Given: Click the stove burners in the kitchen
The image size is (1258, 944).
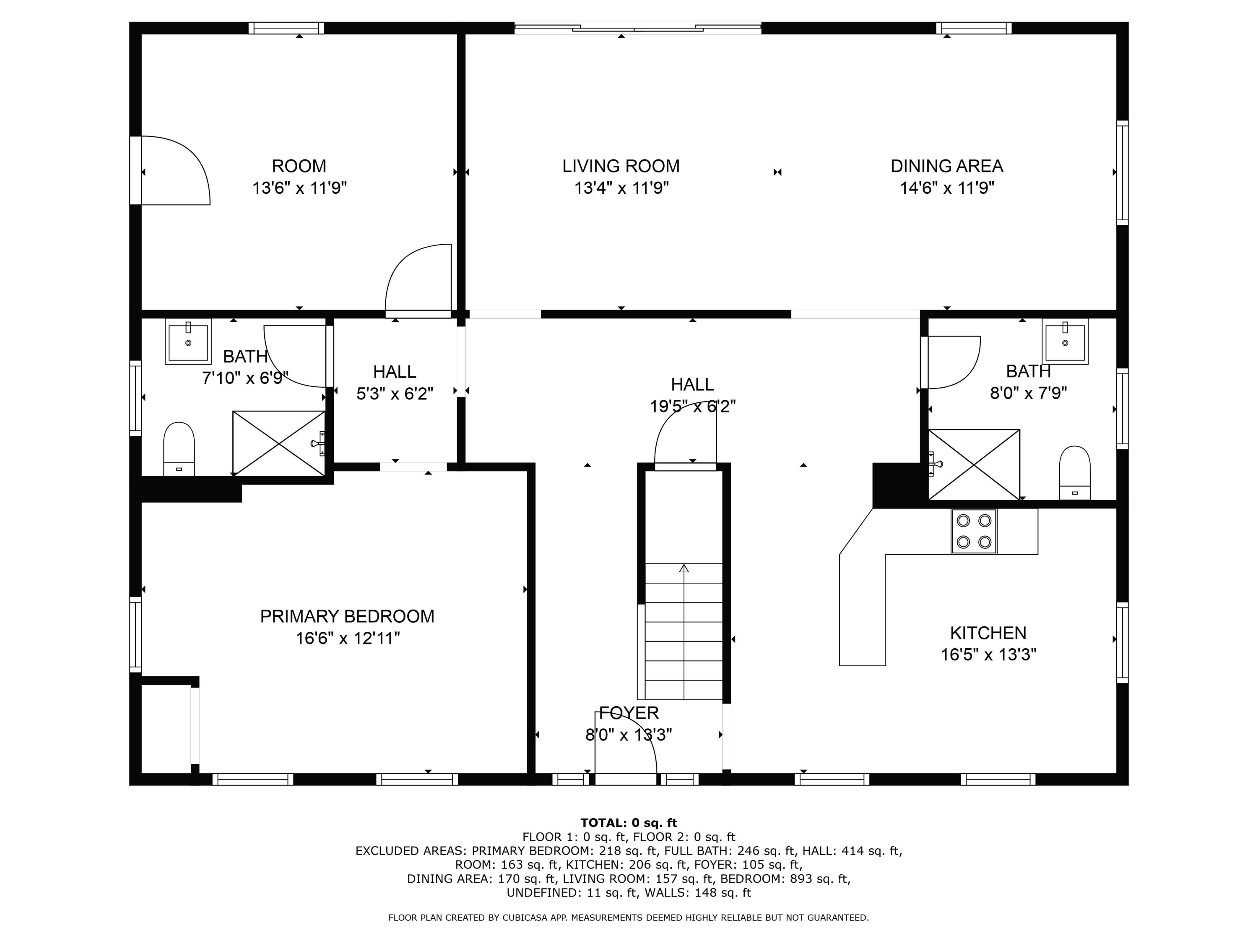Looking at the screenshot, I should (x=974, y=531).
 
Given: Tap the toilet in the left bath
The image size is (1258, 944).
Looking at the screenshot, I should (x=179, y=449).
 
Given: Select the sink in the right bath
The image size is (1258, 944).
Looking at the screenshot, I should (x=1065, y=342).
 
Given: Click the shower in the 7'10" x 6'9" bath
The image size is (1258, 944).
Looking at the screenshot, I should (x=279, y=443).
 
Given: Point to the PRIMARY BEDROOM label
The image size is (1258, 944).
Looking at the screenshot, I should (x=347, y=616).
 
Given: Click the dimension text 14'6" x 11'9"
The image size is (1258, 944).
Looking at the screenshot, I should (x=946, y=188).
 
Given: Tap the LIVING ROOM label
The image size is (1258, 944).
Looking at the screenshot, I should (x=621, y=166).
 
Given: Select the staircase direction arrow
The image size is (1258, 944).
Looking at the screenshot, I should (x=684, y=568).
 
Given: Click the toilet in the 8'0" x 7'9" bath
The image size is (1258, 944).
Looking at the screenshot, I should (x=1074, y=473).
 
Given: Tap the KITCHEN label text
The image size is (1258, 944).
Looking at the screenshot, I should (x=988, y=633).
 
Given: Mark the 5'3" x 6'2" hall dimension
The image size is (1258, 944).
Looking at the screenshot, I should (x=395, y=394).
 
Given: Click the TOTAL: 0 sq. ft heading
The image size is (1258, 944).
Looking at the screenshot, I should (x=629, y=823).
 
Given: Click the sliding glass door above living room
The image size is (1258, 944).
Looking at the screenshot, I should (x=637, y=27).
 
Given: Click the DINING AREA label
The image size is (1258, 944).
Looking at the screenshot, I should (x=946, y=166).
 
